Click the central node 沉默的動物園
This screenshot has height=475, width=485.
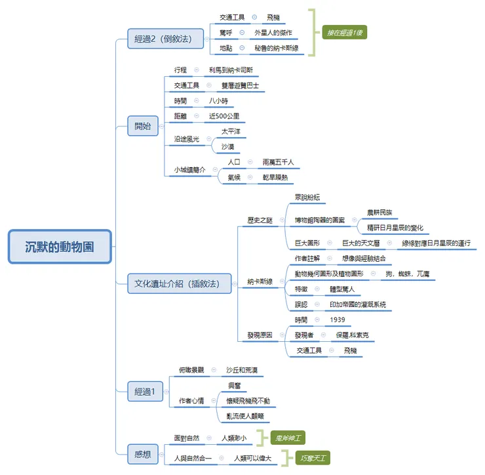point(60,247)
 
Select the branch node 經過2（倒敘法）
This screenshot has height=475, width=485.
point(163,39)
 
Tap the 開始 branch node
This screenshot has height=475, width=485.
point(142,127)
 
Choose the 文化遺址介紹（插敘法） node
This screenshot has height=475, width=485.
point(179,283)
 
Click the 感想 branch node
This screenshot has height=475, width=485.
point(142,453)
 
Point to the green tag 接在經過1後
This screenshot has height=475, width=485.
point(344,32)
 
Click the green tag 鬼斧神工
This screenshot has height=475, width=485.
point(288,438)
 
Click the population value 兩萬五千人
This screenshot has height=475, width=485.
point(278,162)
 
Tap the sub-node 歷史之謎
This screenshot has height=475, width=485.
point(260,220)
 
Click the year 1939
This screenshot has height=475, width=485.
point(338,320)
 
